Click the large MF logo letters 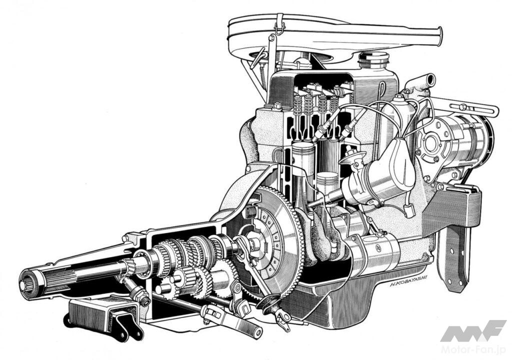coord(473,330)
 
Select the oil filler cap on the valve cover coord(373,60)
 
